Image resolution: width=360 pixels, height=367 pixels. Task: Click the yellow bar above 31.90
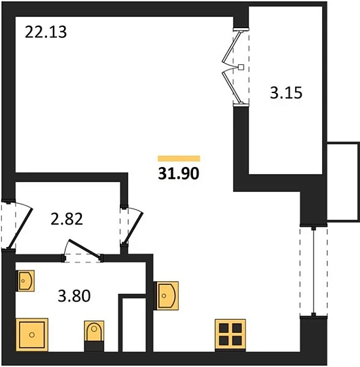pos(179,158)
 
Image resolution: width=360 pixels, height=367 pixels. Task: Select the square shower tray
pos(33,335)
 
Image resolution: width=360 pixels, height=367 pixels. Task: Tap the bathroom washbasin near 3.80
pos(26,282)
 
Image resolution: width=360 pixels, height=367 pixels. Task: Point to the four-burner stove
pos(230,334)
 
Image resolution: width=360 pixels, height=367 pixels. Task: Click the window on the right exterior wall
pos(314,271)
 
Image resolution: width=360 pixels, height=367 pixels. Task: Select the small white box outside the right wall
pos(343,181)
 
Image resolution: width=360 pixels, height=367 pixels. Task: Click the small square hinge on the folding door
pos(242,67)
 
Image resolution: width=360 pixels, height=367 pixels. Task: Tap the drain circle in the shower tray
pos(33,335)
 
